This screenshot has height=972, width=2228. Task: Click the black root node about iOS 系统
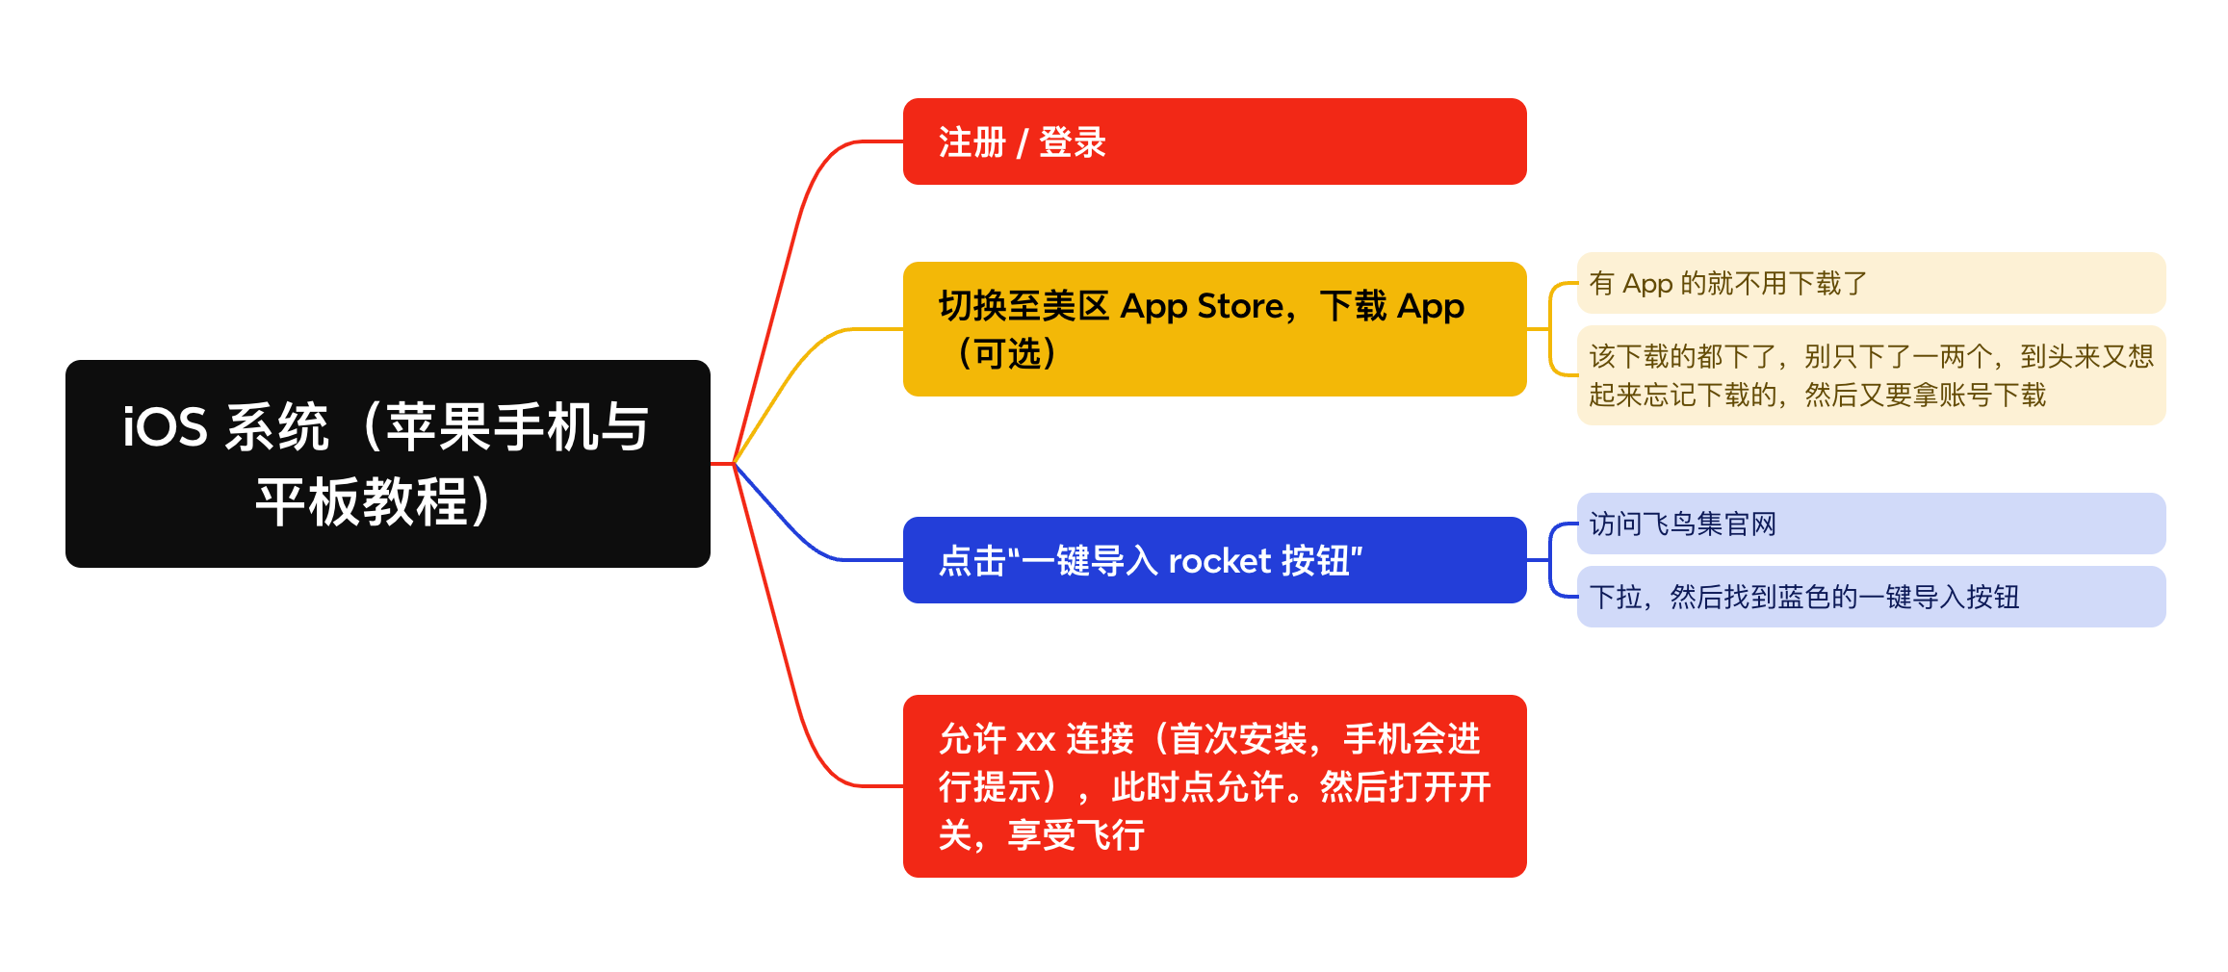click(388, 464)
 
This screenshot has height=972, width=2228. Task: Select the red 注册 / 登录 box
click(1214, 141)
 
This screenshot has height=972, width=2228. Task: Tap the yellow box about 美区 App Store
click(1214, 329)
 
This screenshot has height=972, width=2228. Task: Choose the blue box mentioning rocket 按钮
click(1214, 560)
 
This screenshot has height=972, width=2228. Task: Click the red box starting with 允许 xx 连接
click(1214, 786)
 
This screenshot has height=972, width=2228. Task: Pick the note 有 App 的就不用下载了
click(1871, 283)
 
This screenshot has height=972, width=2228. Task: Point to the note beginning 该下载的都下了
click(1871, 375)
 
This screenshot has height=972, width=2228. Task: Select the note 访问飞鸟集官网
click(1871, 524)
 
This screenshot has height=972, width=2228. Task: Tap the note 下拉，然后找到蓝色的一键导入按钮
click(1871, 597)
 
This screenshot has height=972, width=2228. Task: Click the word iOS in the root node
click(165, 426)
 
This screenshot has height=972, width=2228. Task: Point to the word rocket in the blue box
click(1220, 561)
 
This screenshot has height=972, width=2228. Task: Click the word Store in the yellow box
click(1240, 306)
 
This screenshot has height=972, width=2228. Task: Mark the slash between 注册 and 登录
click(1023, 143)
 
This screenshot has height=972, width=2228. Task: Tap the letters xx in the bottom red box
click(1036, 741)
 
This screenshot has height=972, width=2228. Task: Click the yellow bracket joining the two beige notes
click(1550, 329)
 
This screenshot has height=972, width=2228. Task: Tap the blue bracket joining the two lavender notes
click(1550, 560)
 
